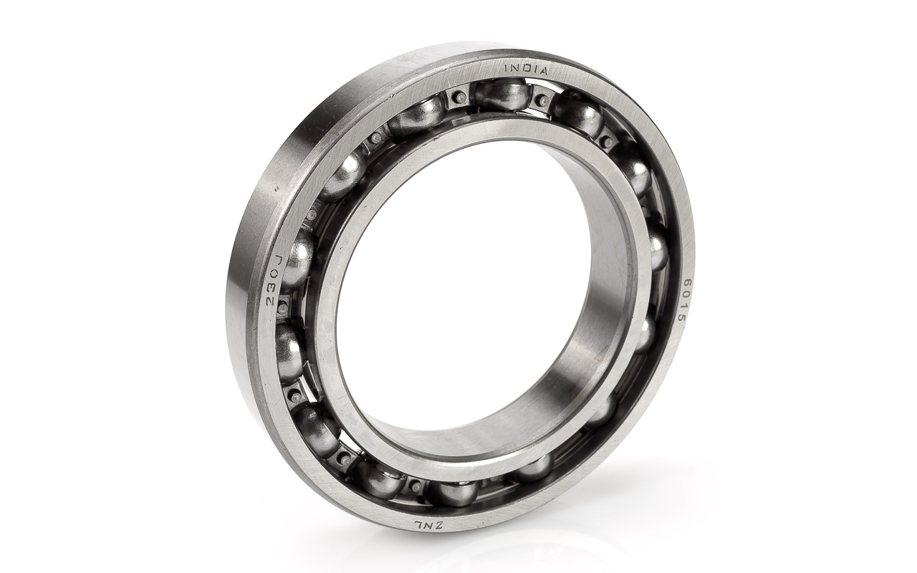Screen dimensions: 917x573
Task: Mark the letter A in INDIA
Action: click(542, 70)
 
